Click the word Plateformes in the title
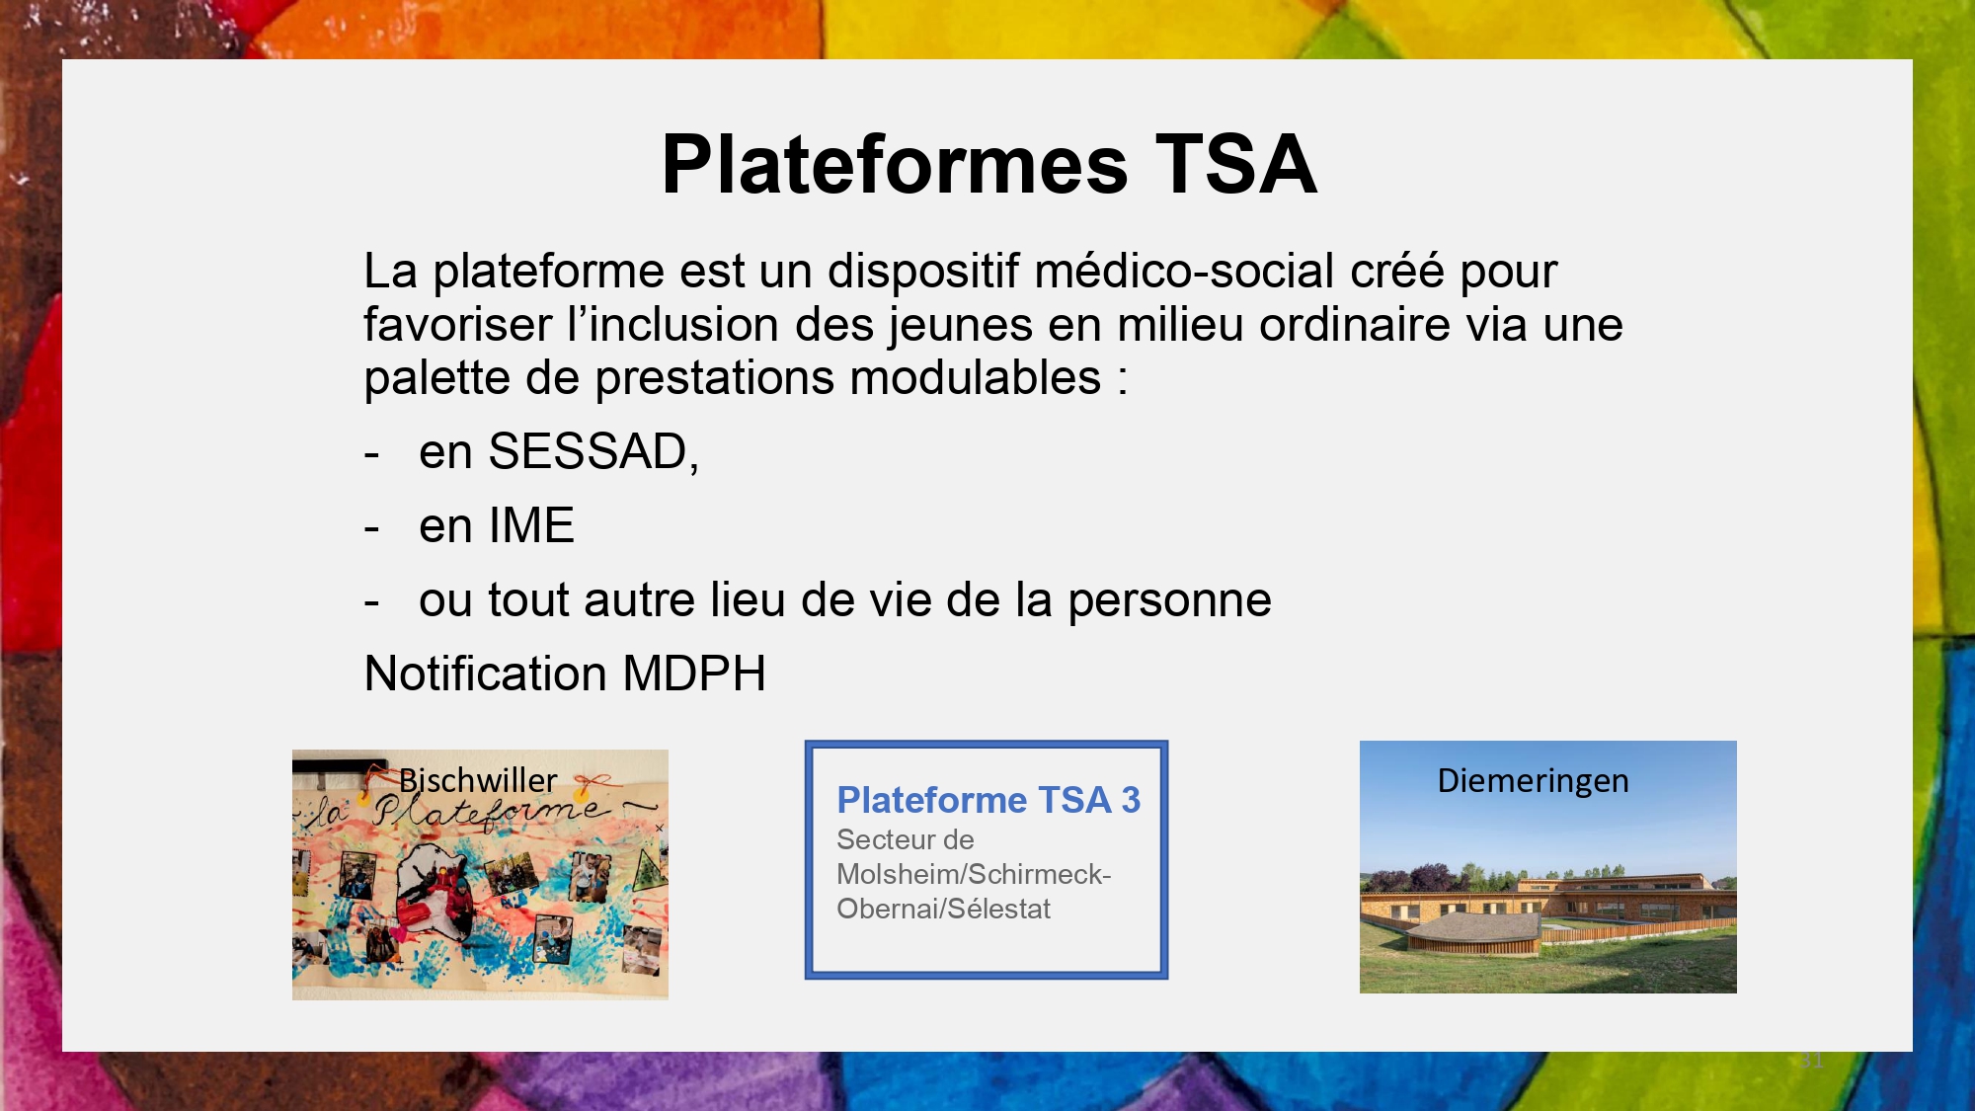pyautogui.click(x=895, y=164)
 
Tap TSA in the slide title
pyautogui.click(x=1236, y=164)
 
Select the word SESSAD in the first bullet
pyautogui.click(x=589, y=451)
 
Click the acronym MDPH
pyautogui.click(x=694, y=674)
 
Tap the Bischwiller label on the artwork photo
pyautogui.click(x=478, y=780)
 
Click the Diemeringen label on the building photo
pyautogui.click(x=1533, y=780)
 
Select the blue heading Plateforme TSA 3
pyautogui.click(x=988, y=800)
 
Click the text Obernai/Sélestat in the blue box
pyautogui.click(x=943, y=909)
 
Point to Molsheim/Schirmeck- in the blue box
pyautogui.click(x=974, y=874)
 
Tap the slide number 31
pyautogui.click(x=1811, y=1061)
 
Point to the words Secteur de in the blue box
pyautogui.click(x=905, y=839)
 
